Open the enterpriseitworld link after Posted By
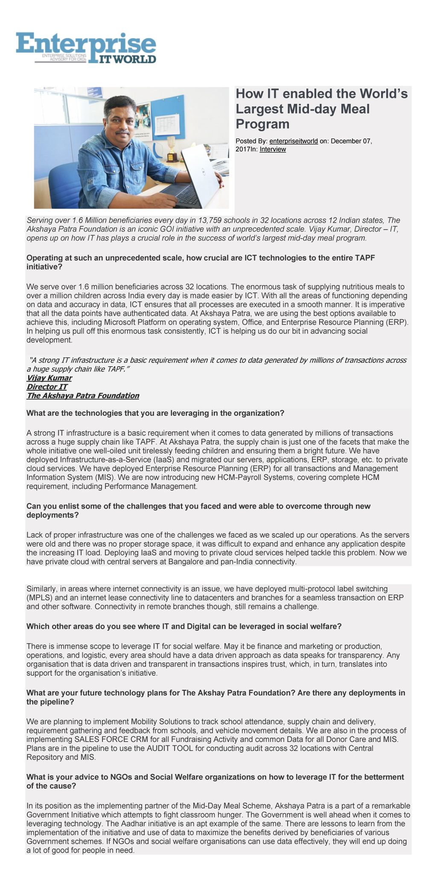293,141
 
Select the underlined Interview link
273,149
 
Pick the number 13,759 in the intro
209,220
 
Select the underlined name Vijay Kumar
49,378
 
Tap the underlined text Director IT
47,387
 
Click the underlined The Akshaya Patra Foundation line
83,395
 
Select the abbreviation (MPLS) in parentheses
38,597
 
